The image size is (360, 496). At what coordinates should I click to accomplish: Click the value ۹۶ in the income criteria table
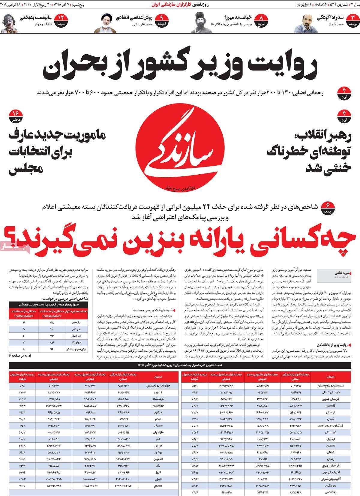pos(52,349)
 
